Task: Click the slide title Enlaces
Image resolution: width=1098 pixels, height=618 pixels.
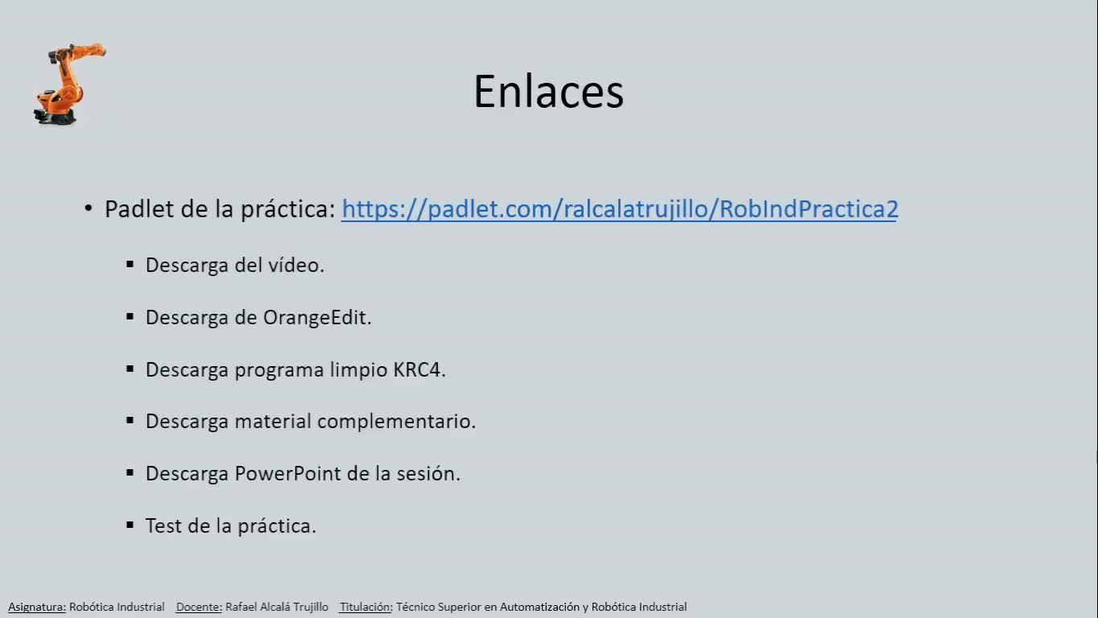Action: [548, 92]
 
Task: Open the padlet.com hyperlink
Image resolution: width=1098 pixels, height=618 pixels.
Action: [620, 209]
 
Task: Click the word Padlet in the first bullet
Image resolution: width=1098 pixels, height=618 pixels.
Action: [139, 208]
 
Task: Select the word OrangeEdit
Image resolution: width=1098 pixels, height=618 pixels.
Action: [317, 318]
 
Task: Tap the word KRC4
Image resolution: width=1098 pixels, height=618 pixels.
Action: [419, 370]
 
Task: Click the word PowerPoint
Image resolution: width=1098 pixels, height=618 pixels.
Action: [287, 474]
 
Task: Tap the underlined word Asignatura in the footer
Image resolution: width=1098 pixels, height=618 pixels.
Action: [37, 607]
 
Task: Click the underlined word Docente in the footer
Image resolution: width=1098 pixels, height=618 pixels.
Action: [199, 607]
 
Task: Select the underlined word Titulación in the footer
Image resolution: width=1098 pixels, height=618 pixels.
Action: [365, 607]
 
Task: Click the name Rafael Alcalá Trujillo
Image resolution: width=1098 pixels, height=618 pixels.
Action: [277, 607]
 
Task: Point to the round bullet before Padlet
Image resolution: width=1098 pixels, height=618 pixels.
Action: [89, 208]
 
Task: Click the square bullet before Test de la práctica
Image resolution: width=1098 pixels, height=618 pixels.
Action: [130, 525]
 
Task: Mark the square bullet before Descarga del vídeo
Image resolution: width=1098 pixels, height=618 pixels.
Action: [130, 265]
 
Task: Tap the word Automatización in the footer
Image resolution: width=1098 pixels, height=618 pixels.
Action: [539, 607]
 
